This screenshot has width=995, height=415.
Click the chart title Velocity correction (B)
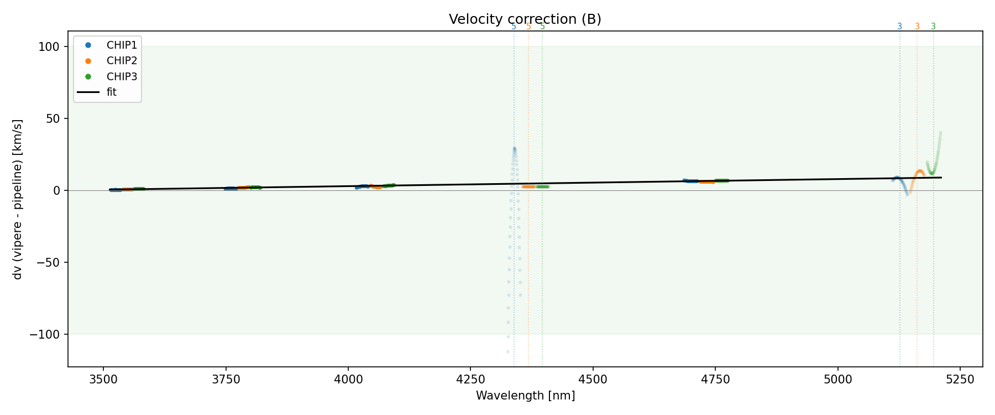pyautogui.click(x=525, y=19)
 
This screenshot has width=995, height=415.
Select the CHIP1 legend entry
pyautogui.click(x=122, y=45)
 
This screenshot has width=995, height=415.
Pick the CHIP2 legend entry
pyautogui.click(x=122, y=61)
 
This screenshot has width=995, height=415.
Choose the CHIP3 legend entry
pyautogui.click(x=122, y=76)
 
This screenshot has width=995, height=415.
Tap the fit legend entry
pyautogui.click(x=112, y=92)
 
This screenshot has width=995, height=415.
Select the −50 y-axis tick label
pyautogui.click(x=51, y=263)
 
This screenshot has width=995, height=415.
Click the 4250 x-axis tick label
pyautogui.click(x=470, y=379)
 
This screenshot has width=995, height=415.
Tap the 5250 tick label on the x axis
pyautogui.click(x=960, y=379)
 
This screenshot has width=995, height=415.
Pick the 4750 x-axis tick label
pyautogui.click(x=715, y=379)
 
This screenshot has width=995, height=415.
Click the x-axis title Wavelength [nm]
pyautogui.click(x=525, y=396)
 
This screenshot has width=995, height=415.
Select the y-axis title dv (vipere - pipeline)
pyautogui.click(x=18, y=199)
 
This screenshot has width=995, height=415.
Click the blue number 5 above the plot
pyautogui.click(x=514, y=27)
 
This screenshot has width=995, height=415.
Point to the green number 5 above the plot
pyautogui.click(x=542, y=27)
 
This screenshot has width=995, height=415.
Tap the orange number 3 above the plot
pyautogui.click(x=917, y=27)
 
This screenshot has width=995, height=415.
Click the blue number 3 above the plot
pyautogui.click(x=899, y=27)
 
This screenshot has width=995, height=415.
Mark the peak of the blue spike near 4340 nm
pyautogui.click(x=514, y=148)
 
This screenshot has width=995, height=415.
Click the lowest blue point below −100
pyautogui.click(x=507, y=351)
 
